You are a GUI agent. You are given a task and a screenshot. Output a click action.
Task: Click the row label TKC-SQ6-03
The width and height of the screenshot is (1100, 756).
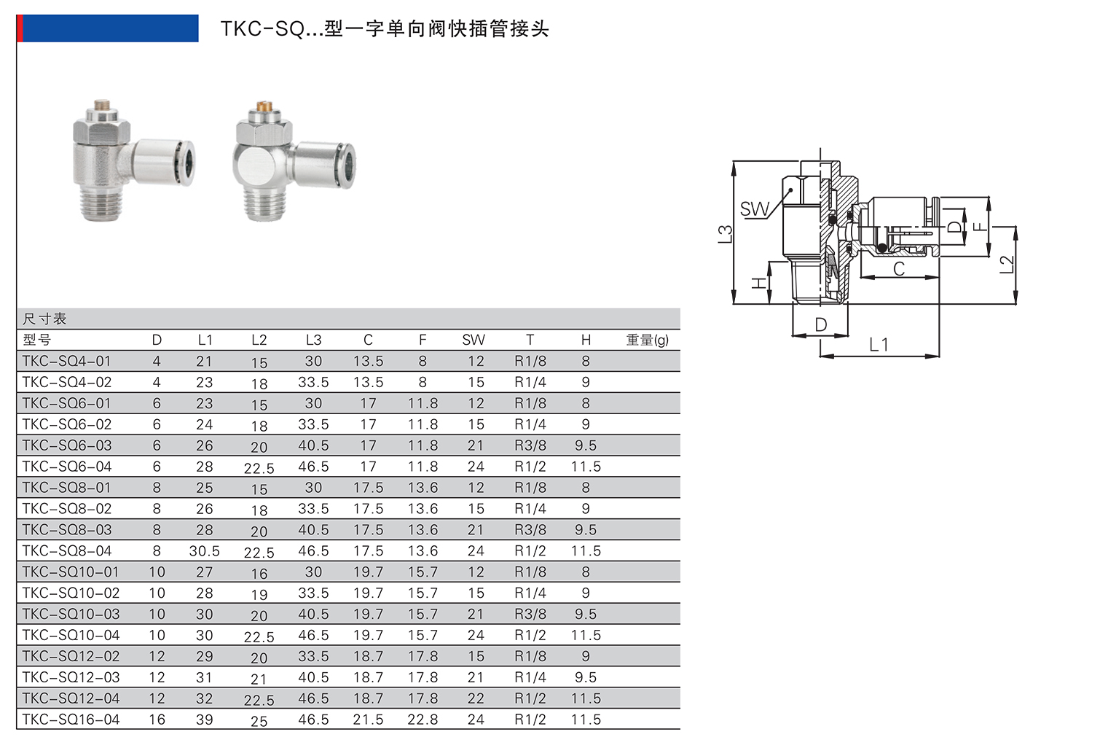point(67,445)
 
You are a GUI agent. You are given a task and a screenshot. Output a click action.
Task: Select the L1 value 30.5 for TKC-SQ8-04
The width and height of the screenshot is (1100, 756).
point(204,551)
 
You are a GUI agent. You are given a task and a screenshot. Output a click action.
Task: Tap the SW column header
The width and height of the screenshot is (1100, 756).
point(474,340)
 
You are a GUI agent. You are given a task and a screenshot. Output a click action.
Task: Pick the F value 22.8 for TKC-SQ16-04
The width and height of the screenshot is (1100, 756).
point(423,720)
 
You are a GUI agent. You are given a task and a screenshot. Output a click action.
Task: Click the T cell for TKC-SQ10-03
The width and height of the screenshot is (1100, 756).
point(530,614)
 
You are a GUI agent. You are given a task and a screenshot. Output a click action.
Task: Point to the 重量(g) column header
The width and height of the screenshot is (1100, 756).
point(647,340)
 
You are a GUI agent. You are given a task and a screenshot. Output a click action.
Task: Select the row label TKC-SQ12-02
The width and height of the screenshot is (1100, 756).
point(71,656)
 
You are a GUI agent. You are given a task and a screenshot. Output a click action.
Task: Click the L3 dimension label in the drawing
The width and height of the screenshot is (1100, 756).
point(726,233)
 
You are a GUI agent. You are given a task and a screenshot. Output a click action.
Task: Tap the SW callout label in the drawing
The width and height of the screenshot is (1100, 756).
point(754,210)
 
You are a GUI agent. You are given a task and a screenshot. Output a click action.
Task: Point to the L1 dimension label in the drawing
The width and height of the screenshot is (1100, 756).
point(879,344)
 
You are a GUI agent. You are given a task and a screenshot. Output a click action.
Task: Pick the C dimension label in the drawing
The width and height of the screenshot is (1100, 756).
point(899,269)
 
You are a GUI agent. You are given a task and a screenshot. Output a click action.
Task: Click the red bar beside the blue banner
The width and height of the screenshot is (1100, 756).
point(20,28)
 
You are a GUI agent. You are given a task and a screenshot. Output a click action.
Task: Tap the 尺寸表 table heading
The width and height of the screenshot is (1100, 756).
point(44,319)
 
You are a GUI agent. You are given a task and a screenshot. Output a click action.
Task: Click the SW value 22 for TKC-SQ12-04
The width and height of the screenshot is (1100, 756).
point(476,698)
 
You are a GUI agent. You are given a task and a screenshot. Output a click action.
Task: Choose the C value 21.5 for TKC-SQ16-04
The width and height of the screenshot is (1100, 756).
point(368,720)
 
